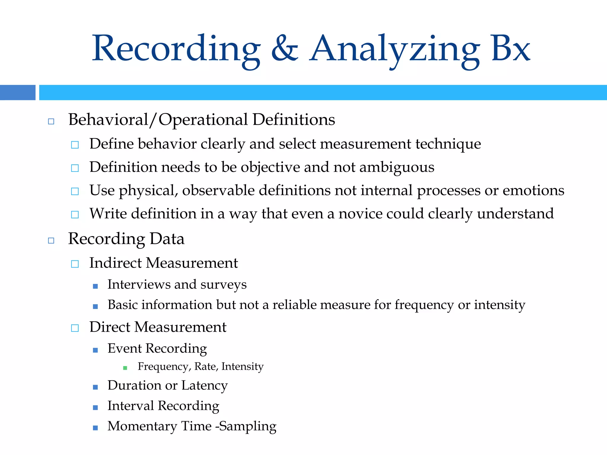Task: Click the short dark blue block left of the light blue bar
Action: (x=17, y=92)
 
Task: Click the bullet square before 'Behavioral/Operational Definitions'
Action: (x=51, y=121)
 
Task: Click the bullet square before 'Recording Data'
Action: (x=51, y=241)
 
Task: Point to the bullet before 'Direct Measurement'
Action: (x=75, y=328)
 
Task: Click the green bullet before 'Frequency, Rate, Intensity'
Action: (x=125, y=368)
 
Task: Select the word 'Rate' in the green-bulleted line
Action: (x=206, y=367)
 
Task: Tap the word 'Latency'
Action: (x=205, y=386)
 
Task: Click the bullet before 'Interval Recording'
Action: (x=95, y=408)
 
